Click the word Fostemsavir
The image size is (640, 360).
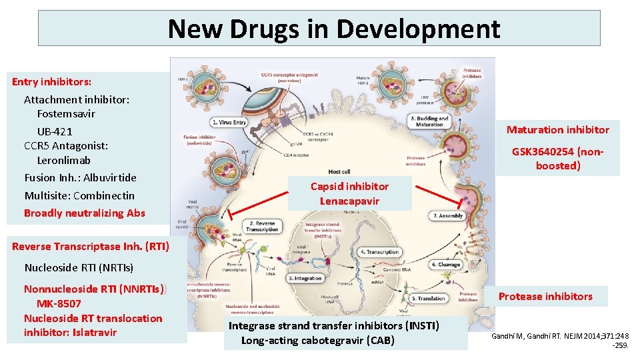[66, 113]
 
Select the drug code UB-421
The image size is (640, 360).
[55, 131]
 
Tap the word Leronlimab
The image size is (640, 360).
[64, 160]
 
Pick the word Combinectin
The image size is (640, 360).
[104, 195]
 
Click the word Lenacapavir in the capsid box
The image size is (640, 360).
[349, 201]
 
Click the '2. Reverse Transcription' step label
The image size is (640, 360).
[263, 225]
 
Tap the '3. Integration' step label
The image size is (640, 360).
[305, 278]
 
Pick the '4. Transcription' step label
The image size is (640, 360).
[380, 252]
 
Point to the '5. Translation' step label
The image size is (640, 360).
[428, 299]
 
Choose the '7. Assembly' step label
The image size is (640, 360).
[447, 216]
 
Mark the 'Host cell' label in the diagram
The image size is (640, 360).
[339, 172]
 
